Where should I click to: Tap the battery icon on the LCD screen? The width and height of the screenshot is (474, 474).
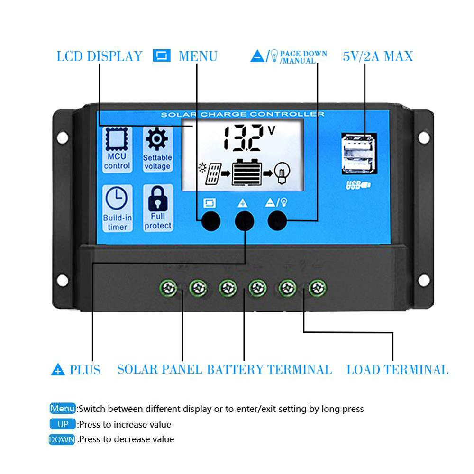pyautogui.click(x=246, y=173)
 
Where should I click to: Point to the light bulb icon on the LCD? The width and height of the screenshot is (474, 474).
pyautogui.click(x=282, y=173)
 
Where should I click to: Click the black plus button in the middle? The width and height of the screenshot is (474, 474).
pyautogui.click(x=244, y=221)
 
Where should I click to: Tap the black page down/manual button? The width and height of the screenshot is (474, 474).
pyautogui.click(x=277, y=221)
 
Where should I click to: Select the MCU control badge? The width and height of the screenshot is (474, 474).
pyautogui.click(x=117, y=149)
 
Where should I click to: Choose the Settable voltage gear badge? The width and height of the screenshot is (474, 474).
pyautogui.click(x=157, y=149)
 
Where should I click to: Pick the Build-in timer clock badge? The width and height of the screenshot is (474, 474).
pyautogui.click(x=117, y=208)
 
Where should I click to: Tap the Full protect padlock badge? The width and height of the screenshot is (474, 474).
pyautogui.click(x=158, y=208)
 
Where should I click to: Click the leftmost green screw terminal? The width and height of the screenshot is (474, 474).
pyautogui.click(x=168, y=288)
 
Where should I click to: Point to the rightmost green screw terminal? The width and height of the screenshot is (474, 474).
pyautogui.click(x=318, y=288)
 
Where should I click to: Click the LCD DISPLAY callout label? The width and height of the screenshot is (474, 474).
pyautogui.click(x=100, y=56)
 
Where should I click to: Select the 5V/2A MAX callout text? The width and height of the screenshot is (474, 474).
pyautogui.click(x=378, y=56)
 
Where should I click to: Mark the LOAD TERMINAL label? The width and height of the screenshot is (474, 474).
pyautogui.click(x=398, y=370)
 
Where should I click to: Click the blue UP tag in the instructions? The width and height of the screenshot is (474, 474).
pyautogui.click(x=63, y=424)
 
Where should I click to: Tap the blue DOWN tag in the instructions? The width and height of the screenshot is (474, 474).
pyautogui.click(x=62, y=439)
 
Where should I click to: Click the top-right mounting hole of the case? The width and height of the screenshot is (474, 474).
pyautogui.click(x=423, y=137)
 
